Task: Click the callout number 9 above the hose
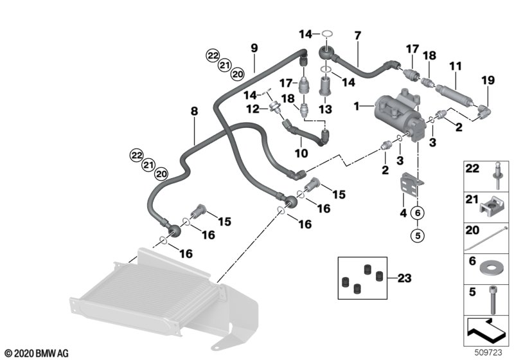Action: pyautogui.click(x=254, y=48)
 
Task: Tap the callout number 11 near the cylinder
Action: pyautogui.click(x=456, y=67)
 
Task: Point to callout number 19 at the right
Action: pyautogui.click(x=488, y=80)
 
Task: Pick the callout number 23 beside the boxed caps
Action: pyautogui.click(x=403, y=278)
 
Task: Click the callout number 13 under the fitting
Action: pyautogui.click(x=324, y=110)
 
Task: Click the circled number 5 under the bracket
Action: pyautogui.click(x=418, y=235)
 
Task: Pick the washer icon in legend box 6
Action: pyautogui.click(x=493, y=264)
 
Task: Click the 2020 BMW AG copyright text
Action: pyautogui.click(x=35, y=353)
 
